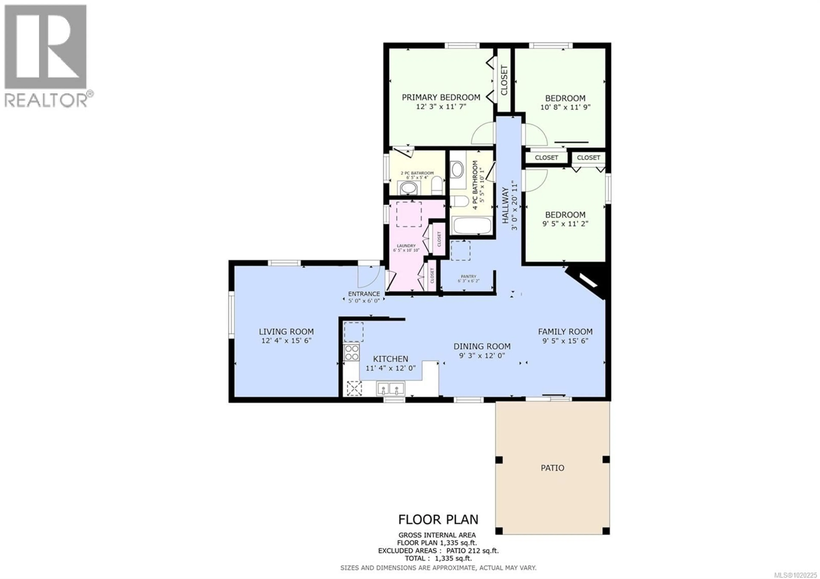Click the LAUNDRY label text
point(406,246)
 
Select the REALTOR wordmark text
point(46,100)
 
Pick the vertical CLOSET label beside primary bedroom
point(504,80)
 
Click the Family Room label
point(565,332)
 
